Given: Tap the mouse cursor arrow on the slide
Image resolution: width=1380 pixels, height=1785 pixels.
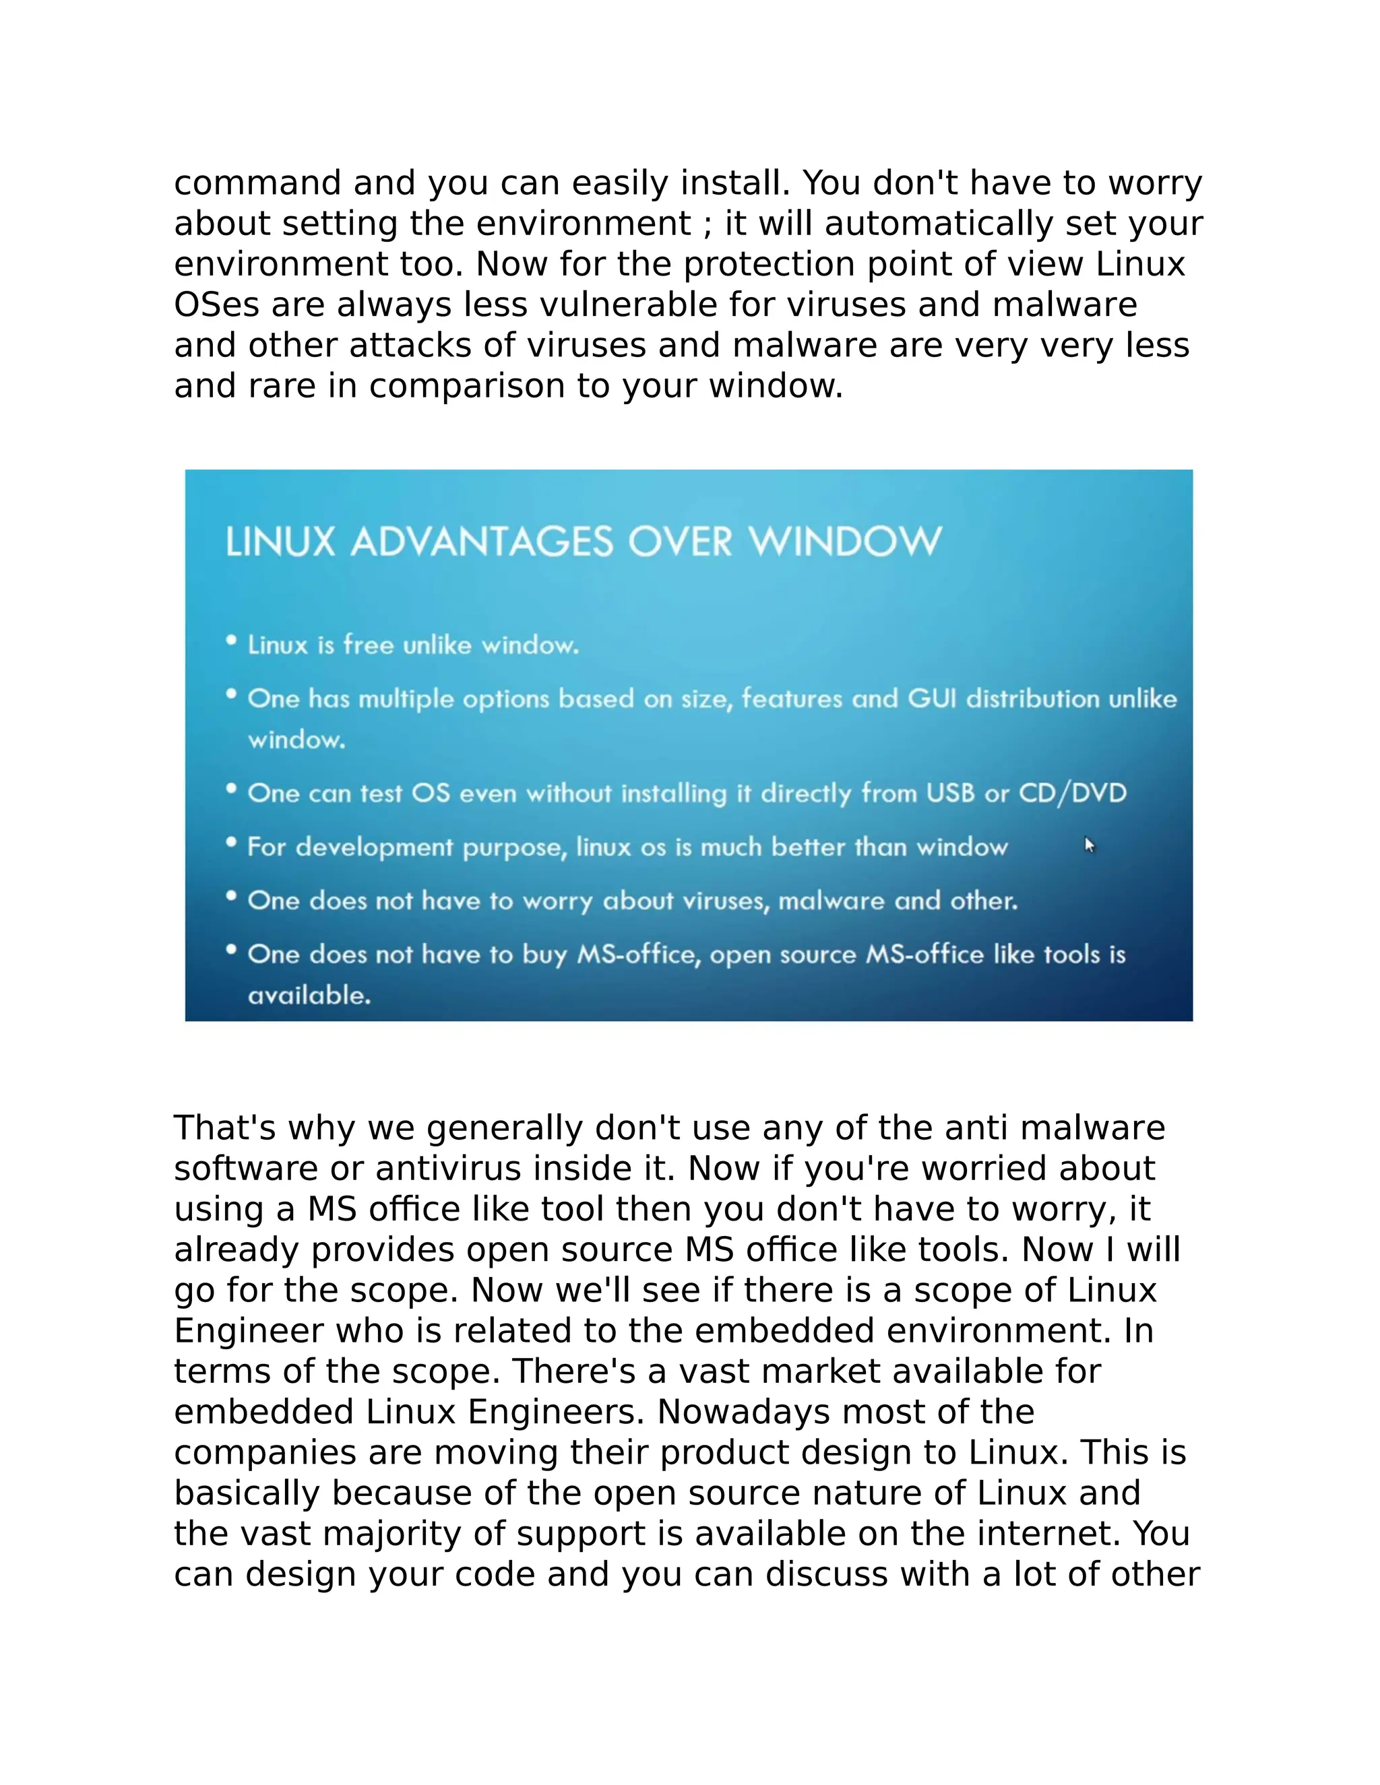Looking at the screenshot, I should [1089, 845].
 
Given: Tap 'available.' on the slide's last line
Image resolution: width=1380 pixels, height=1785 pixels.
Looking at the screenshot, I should [309, 995].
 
